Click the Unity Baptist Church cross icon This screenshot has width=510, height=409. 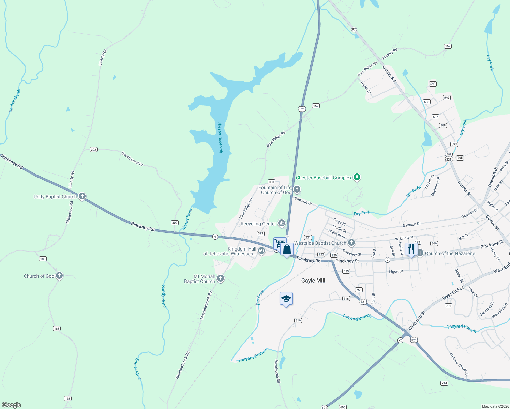coord(82,196)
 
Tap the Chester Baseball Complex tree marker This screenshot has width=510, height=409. coord(357,177)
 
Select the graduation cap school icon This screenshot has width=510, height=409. coord(286,299)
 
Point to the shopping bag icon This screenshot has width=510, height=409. coord(287,249)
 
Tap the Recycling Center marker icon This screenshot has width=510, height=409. coord(281,224)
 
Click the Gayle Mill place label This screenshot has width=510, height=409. coord(313,281)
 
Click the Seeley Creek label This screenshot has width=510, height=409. coord(15,101)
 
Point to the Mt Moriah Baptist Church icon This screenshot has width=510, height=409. coord(221,278)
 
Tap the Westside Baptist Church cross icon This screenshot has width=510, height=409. coord(351,243)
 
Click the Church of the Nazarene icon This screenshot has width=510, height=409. coord(420,253)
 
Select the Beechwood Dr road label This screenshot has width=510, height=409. coord(132,159)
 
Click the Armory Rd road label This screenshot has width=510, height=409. coord(390,54)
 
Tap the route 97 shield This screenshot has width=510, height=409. coord(354,29)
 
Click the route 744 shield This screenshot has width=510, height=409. coord(444,383)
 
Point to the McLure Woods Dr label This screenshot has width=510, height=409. coord(459,365)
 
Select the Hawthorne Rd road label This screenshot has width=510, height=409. coord(277,371)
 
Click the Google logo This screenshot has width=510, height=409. coord(12,405)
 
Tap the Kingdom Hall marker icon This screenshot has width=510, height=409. coord(261,251)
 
